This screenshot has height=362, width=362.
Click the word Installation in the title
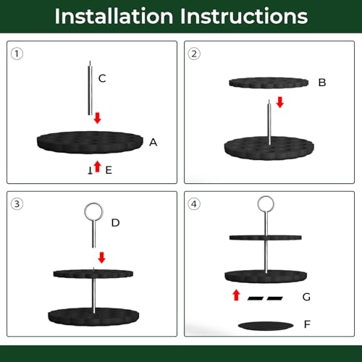tap(114, 16)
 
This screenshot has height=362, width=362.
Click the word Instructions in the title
tap(244, 16)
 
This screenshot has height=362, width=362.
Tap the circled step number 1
tap(17, 54)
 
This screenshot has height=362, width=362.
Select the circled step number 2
tap(194, 54)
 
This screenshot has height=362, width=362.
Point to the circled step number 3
tap(17, 204)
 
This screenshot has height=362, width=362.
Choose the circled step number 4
tap(194, 204)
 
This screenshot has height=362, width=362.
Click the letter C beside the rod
tap(102, 78)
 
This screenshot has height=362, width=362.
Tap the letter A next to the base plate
tap(153, 143)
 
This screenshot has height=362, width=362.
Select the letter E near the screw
tap(109, 170)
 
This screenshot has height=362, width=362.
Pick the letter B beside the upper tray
tap(322, 83)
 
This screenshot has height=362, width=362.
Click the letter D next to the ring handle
tap(115, 223)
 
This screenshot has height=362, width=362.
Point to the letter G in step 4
tap(306, 297)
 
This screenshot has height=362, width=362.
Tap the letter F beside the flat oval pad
tap(307, 324)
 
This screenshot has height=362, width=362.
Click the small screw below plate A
tap(90, 170)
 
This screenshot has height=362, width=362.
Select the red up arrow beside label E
tap(97, 167)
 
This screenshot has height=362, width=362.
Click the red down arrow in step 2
tap(280, 102)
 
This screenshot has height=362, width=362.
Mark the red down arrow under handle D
tap(102, 258)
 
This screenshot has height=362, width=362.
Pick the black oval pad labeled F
tap(266, 326)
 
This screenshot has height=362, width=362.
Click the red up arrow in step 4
tap(237, 295)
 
